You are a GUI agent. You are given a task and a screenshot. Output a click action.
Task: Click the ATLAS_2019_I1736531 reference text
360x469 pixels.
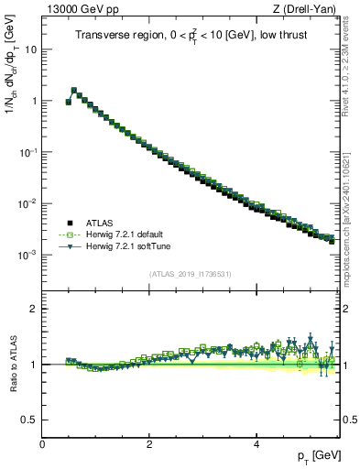[191, 274]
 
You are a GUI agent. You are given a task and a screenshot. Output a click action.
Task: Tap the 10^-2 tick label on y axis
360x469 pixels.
[27, 203]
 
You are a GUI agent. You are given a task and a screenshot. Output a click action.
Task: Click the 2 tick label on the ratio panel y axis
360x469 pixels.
[33, 309]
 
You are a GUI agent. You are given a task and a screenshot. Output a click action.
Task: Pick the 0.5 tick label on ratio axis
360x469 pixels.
[29, 420]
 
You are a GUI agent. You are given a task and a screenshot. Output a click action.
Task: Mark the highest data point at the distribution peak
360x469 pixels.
[74, 91]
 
